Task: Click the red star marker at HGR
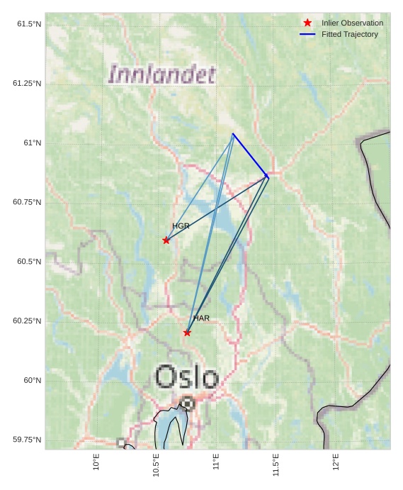click(166, 240)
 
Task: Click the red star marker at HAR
click(187, 333)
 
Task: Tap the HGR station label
click(181, 226)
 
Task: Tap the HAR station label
click(201, 318)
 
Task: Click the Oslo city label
click(186, 377)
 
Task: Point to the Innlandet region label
click(161, 74)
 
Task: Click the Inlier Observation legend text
click(352, 23)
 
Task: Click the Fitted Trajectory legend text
click(349, 34)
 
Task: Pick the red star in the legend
click(307, 23)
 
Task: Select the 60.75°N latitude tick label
click(27, 202)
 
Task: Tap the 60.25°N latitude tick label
click(27, 321)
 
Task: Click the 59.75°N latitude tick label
click(27, 440)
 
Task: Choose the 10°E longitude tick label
click(96, 462)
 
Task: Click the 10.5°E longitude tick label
click(156, 464)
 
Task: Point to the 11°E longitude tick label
click(216, 462)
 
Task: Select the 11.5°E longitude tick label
click(276, 464)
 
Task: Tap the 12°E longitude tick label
click(336, 462)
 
